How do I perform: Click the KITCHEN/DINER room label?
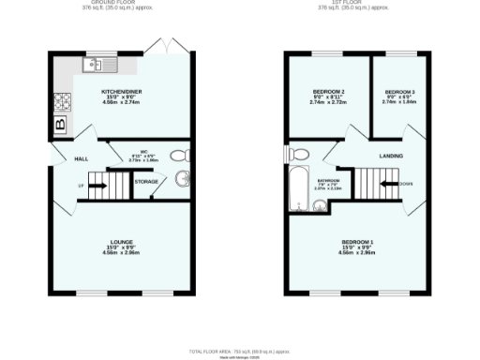click(121, 91)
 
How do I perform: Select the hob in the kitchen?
click(63, 98)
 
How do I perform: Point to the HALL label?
click(81, 158)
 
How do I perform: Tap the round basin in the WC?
click(183, 182)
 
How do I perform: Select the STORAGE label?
click(145, 181)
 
